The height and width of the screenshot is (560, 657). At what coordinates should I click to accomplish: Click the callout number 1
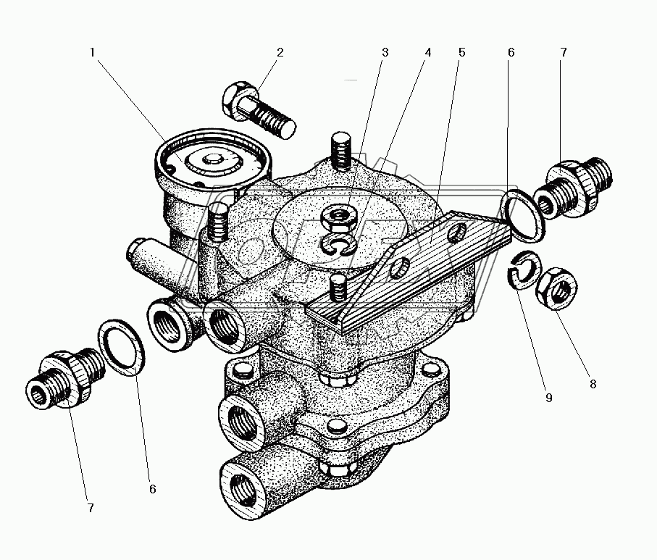coord(92,52)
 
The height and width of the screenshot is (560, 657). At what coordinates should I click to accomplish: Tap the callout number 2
coord(280,52)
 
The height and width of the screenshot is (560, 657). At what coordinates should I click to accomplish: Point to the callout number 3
coord(385,52)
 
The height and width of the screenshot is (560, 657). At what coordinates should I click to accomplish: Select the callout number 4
coord(428,52)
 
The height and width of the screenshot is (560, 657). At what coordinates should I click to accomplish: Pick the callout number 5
coord(461,52)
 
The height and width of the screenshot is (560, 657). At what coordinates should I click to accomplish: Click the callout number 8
coord(593,384)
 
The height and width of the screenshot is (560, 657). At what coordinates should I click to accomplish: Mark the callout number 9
coord(548,398)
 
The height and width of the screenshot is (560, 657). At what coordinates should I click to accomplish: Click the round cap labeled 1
coord(212,159)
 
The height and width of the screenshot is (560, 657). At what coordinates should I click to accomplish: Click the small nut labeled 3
coord(338,216)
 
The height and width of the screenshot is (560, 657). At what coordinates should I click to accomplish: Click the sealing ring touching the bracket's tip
coord(525,214)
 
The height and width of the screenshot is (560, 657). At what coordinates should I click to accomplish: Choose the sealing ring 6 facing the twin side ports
coord(122,346)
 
